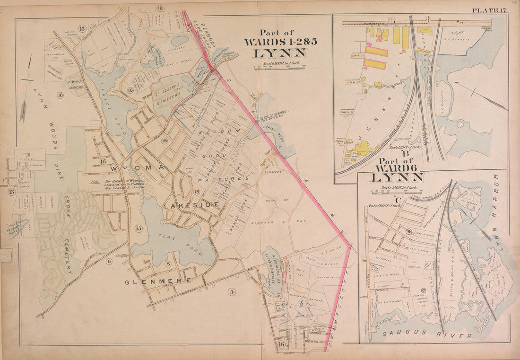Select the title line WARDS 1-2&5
[280, 42]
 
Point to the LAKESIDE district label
[191, 204]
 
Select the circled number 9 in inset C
[408, 231]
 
